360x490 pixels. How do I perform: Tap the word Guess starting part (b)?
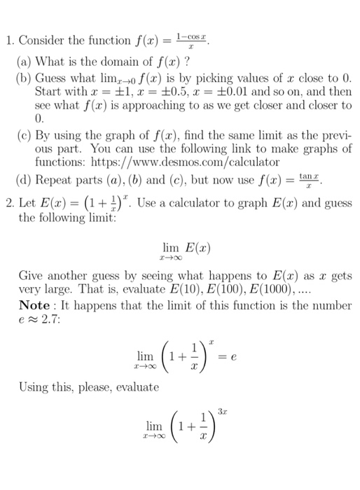click(x=52, y=77)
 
